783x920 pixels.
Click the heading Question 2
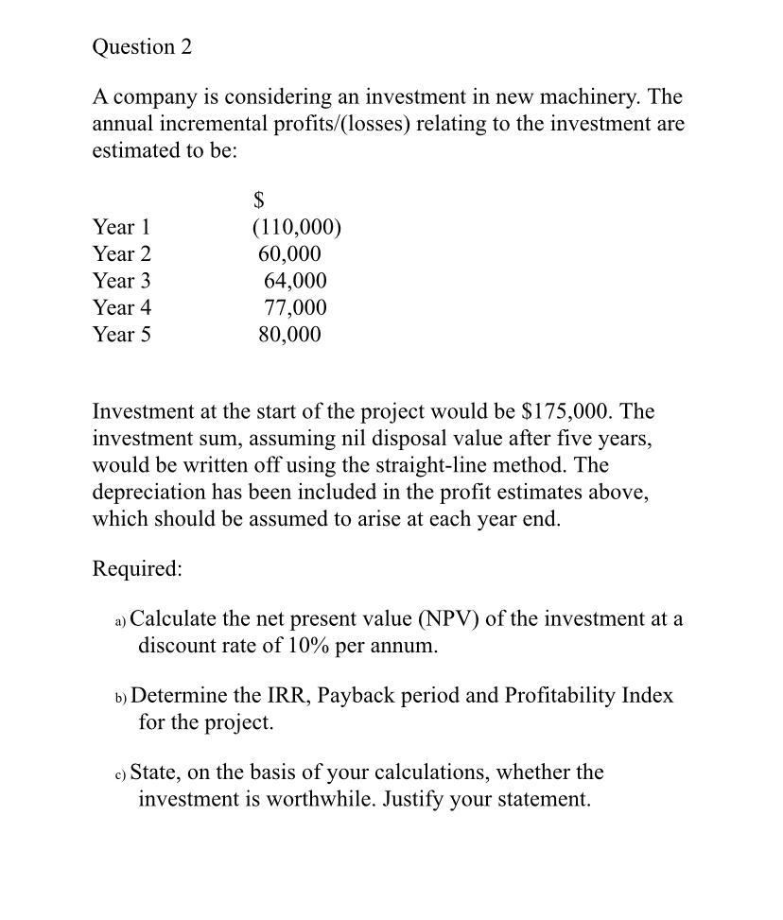142,47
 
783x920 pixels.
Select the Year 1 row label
122,227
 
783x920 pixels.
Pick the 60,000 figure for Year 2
289,254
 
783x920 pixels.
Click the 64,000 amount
295,281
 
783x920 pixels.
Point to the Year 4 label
122,307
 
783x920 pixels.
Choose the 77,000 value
295,307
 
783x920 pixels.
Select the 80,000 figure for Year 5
289,335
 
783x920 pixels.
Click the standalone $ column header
259,200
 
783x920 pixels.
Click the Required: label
137,568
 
